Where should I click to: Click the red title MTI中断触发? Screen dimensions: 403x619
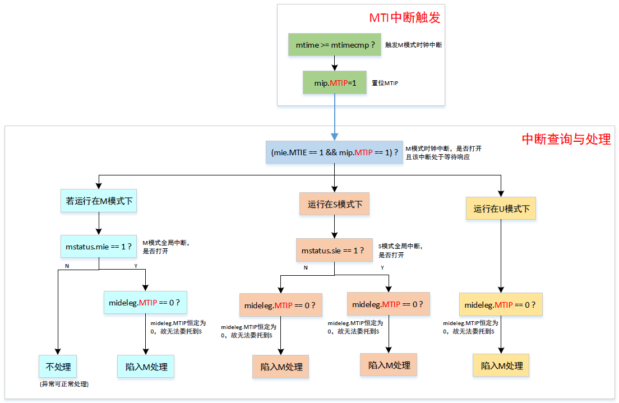tap(404, 17)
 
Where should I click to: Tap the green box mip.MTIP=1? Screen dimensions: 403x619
tap(335, 82)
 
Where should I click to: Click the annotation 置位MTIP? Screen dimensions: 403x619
tap(385, 83)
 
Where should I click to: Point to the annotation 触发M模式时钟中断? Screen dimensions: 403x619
tap(413, 45)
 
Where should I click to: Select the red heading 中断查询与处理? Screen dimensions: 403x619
tap(566, 139)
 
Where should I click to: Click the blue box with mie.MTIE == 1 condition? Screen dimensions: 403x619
tap(335, 152)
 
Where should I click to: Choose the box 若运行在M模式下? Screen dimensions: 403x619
tap(99, 200)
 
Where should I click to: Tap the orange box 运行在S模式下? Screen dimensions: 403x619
tap(335, 204)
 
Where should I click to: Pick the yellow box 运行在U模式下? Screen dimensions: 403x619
tap(501, 209)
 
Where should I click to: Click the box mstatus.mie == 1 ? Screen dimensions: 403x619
tap(99, 246)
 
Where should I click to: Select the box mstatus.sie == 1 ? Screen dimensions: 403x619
tap(335, 250)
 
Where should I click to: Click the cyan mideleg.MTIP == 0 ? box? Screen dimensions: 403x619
tap(145, 303)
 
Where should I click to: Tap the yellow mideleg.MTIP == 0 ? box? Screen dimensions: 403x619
tap(501, 305)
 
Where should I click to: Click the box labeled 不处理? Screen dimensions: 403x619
tap(58, 367)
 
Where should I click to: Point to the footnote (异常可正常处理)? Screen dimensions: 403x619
tap(64, 385)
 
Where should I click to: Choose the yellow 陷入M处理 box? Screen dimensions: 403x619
tap(501, 365)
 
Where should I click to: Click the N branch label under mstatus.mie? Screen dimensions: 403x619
tap(67, 266)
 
